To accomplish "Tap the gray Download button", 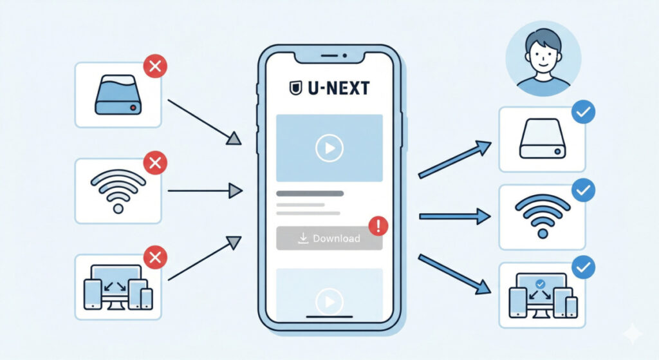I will (x=329, y=238).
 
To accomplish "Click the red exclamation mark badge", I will (x=379, y=225).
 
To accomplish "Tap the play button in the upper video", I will (x=329, y=149).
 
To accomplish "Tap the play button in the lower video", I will (x=329, y=300).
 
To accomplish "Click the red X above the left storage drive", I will (x=155, y=66).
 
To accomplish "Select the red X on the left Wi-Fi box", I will (x=155, y=164).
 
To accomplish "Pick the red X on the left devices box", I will (x=154, y=259).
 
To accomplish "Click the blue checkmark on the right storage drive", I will (x=583, y=113).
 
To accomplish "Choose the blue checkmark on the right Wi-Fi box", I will (x=583, y=190).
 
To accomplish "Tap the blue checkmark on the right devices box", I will (x=583, y=267).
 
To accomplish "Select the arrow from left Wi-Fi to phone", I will (x=204, y=191).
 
